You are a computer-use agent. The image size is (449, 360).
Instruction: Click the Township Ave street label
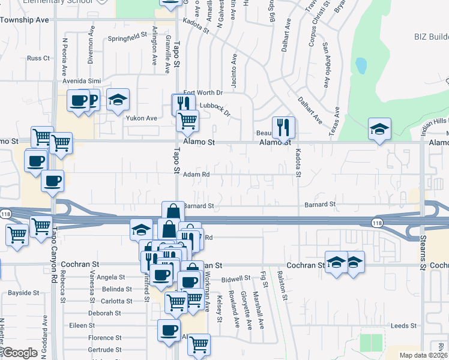[x=25, y=20]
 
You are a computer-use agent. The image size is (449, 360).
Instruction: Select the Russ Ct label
[x=38, y=58]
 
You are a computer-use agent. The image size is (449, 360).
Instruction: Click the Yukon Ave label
[x=141, y=118]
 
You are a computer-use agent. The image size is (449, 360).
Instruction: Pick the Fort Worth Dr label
[x=203, y=92]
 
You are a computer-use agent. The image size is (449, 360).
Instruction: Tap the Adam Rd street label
[x=196, y=175]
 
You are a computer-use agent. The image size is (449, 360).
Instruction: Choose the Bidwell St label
[x=235, y=279]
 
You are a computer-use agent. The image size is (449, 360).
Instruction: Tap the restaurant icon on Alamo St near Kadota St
[x=283, y=127]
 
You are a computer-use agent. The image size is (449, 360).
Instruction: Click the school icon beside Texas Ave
[x=379, y=129]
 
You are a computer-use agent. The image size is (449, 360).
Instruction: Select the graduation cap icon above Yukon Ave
[x=118, y=100]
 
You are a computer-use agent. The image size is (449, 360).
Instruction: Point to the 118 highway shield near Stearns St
[x=377, y=221]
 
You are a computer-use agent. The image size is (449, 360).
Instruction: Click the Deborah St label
[x=104, y=313]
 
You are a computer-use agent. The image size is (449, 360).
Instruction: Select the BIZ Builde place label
[x=431, y=37]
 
